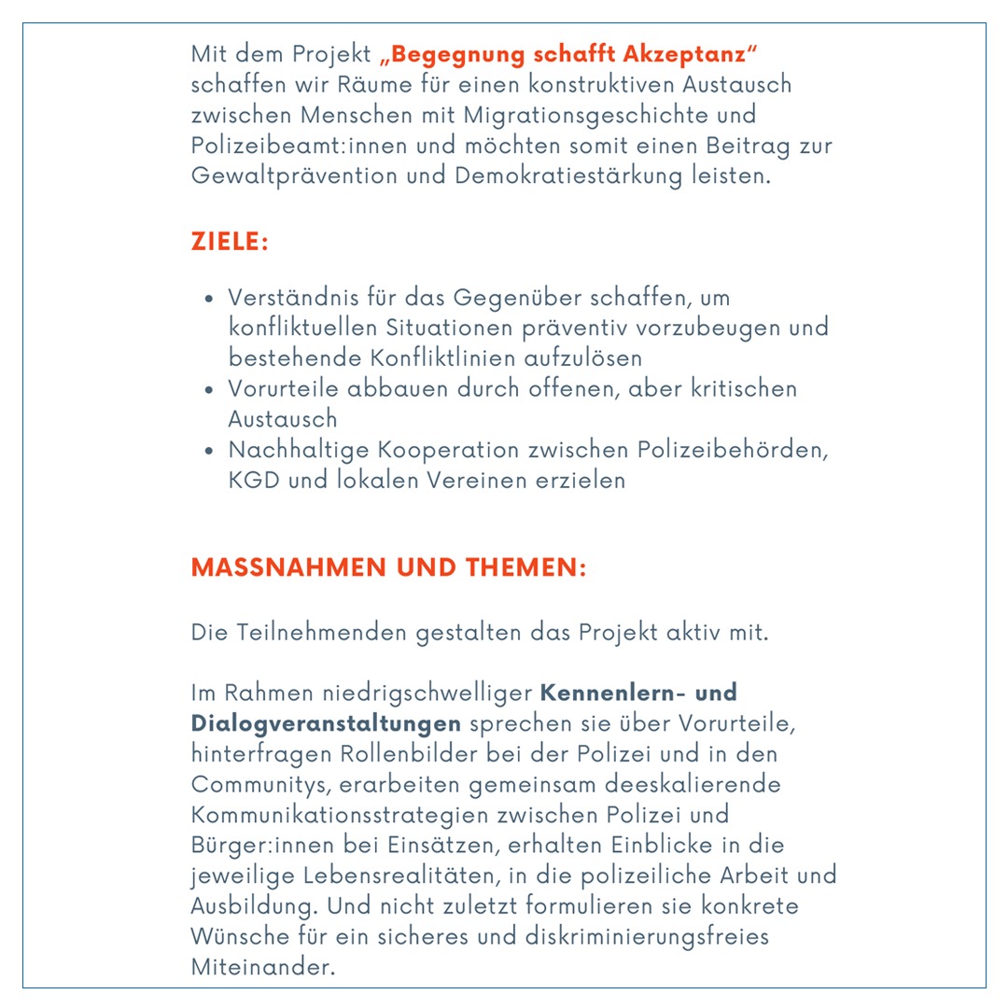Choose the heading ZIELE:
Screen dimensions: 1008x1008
click(x=230, y=242)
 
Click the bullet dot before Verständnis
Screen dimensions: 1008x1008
click(x=210, y=301)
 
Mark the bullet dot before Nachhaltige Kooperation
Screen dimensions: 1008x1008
click(x=210, y=452)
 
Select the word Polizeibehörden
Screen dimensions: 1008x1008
click(x=733, y=450)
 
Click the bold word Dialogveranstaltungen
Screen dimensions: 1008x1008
click(x=327, y=723)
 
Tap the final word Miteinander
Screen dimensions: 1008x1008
click(x=262, y=967)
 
